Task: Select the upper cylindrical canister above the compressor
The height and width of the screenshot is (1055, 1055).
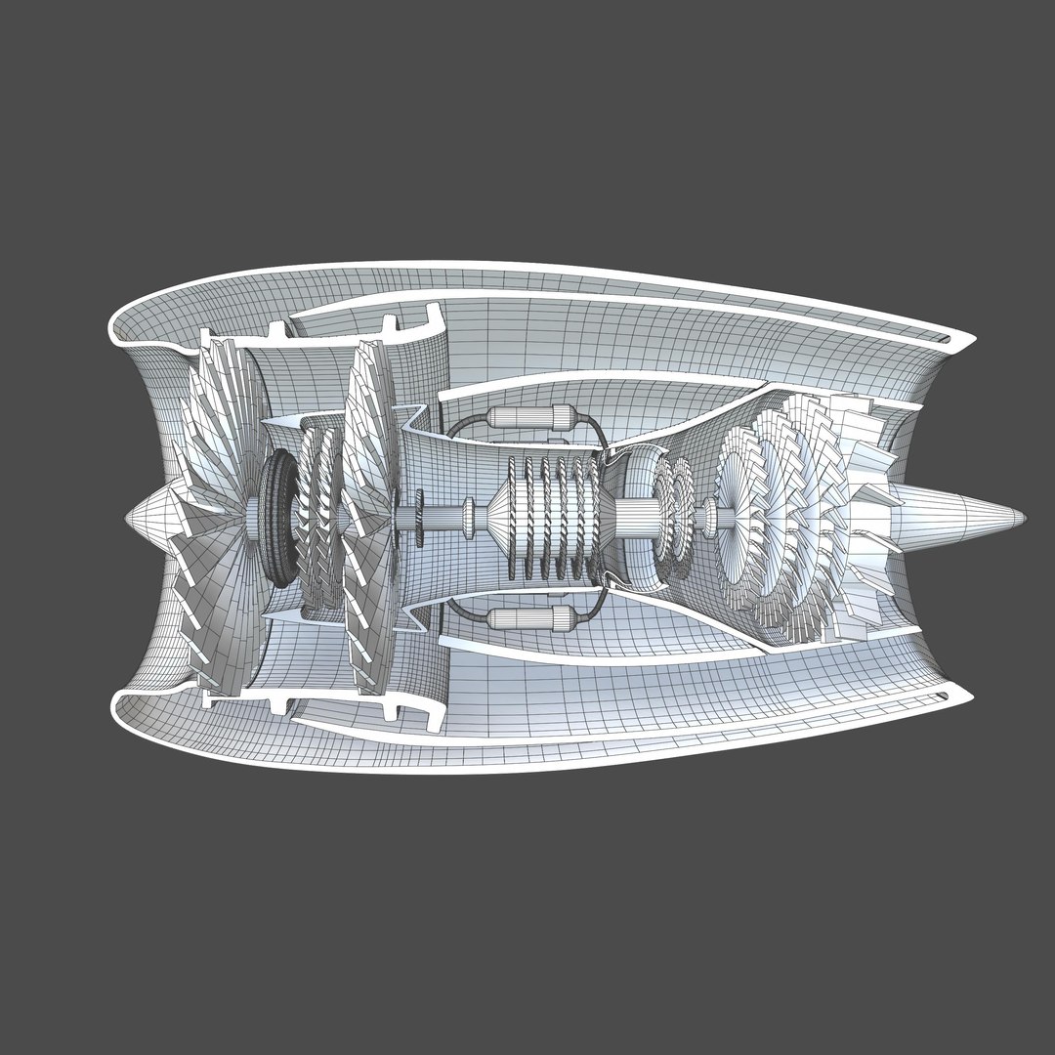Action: [x=527, y=418]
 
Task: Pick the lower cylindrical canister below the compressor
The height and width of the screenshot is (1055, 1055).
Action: [x=527, y=617]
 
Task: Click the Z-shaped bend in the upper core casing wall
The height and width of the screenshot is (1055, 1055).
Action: [x=420, y=415]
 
